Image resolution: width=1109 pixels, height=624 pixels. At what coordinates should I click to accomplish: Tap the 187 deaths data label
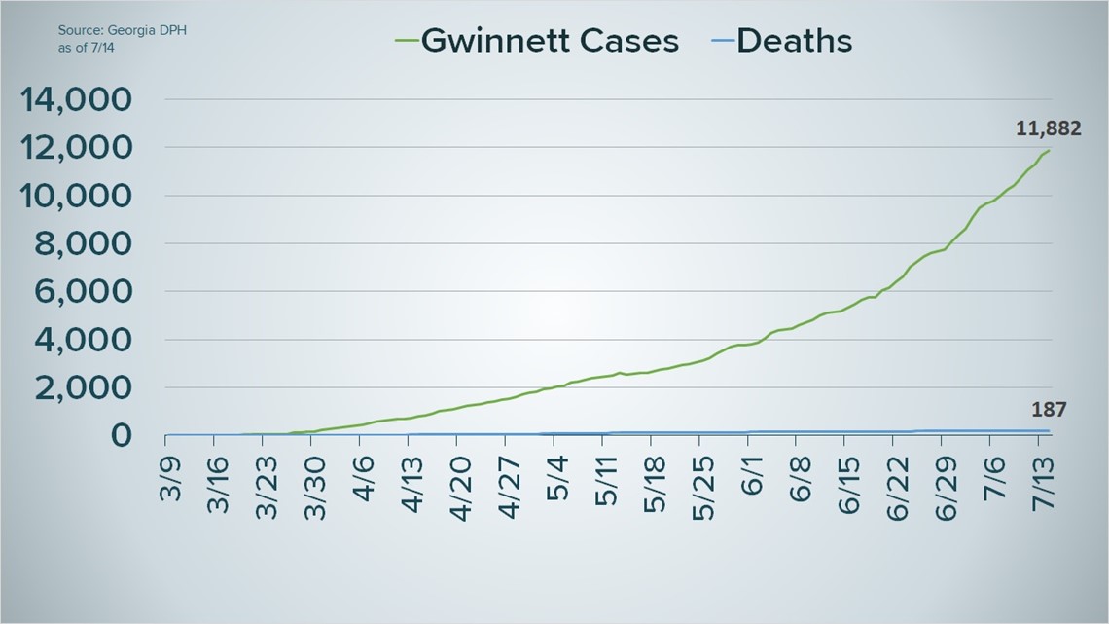click(1048, 410)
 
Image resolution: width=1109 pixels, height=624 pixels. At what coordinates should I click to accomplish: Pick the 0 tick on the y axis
click(122, 435)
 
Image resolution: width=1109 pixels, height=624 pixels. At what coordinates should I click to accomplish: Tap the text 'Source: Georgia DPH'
click(122, 30)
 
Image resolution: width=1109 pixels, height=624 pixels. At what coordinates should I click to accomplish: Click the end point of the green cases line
click(1049, 150)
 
